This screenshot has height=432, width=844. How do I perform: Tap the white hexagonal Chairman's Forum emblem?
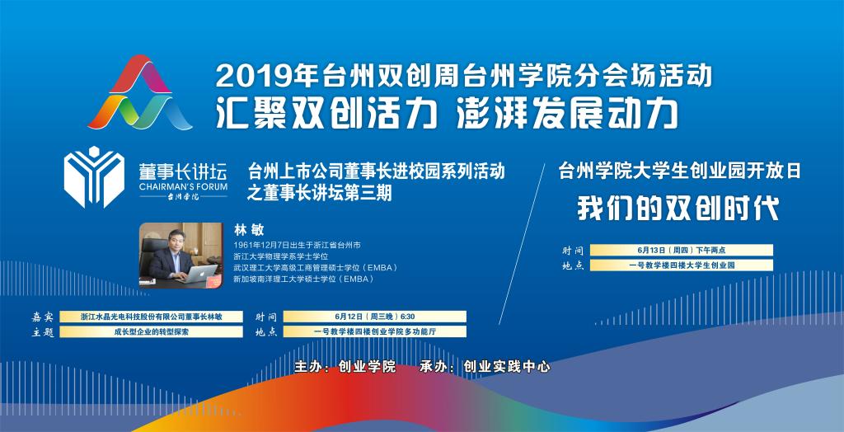(x=94, y=176)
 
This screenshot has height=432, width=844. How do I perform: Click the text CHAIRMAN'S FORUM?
(x=183, y=186)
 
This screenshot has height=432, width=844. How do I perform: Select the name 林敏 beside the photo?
(x=249, y=230)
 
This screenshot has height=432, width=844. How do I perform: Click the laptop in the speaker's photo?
(x=199, y=273)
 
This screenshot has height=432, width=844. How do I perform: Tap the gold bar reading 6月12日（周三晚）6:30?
(x=375, y=317)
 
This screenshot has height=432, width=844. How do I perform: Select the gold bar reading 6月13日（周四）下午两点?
(x=682, y=250)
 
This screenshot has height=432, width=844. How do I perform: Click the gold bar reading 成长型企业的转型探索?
(x=152, y=331)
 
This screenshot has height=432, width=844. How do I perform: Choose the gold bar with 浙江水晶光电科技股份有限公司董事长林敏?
(x=152, y=317)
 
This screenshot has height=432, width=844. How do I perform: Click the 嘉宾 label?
(x=43, y=317)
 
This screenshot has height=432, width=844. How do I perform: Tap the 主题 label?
(x=43, y=332)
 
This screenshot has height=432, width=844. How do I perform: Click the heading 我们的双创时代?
(x=678, y=208)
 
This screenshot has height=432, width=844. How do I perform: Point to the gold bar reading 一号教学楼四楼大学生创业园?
(x=682, y=265)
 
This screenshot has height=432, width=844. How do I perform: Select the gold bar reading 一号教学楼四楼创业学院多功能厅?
(x=375, y=331)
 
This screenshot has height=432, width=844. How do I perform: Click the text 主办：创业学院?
(x=345, y=368)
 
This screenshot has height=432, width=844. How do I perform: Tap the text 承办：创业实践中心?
(x=485, y=368)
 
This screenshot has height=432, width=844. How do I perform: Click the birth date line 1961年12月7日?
(x=297, y=246)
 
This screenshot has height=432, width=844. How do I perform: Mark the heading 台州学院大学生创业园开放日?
(x=679, y=171)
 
